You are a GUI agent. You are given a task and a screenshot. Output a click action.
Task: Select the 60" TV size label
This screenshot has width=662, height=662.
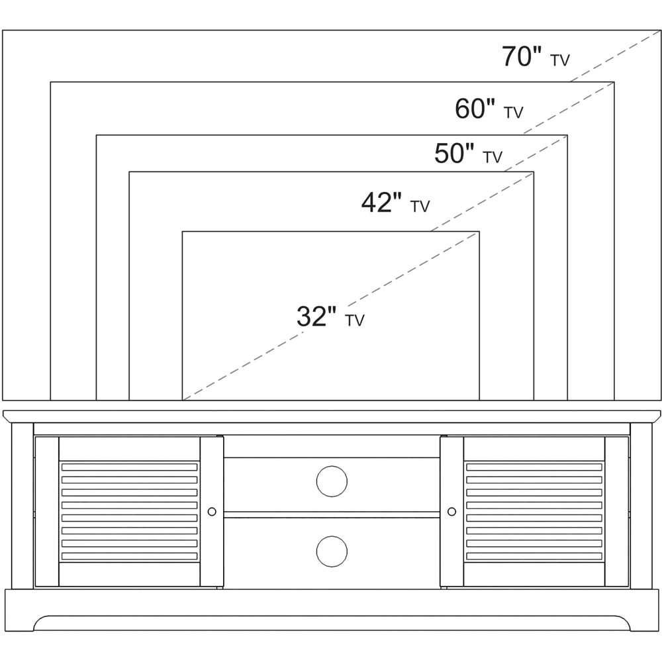tap(489, 109)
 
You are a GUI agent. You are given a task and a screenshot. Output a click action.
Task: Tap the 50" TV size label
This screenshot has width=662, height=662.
tap(468, 154)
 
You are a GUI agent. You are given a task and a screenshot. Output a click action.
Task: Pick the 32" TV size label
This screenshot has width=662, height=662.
tap(330, 316)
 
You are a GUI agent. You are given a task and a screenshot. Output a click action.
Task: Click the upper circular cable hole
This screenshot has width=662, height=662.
tap(332, 481)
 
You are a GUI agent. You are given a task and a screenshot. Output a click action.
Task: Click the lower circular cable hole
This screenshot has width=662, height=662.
tap(332, 551)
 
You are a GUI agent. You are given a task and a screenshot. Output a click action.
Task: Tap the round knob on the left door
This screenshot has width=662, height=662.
tap(212, 512)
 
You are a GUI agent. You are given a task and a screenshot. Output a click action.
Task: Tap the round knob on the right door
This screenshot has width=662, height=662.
tap(451, 512)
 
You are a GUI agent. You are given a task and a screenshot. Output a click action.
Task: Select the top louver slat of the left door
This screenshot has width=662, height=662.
tap(129, 467)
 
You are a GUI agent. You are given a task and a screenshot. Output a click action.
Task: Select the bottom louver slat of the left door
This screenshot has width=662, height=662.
tap(129, 556)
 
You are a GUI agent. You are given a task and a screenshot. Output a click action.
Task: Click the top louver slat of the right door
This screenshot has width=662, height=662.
tap(534, 467)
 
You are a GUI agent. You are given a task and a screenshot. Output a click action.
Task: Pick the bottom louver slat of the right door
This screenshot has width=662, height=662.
tap(534, 556)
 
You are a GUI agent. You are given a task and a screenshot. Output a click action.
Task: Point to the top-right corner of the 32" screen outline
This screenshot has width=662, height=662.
tap(479, 231)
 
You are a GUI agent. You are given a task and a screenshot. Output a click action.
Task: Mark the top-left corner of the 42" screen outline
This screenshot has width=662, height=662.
tap(129, 172)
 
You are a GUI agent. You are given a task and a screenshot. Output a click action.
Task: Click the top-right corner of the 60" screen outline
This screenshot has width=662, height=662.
tap(614, 82)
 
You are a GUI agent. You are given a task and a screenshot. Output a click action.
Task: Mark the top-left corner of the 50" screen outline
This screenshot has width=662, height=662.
tap(96, 135)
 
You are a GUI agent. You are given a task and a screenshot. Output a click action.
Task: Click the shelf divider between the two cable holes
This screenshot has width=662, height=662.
tap(332, 514)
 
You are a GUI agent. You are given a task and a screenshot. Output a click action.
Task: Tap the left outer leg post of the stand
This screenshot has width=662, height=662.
tap(23, 506)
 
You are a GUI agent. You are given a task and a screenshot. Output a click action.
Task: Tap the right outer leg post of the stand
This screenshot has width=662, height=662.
tap(641, 506)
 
